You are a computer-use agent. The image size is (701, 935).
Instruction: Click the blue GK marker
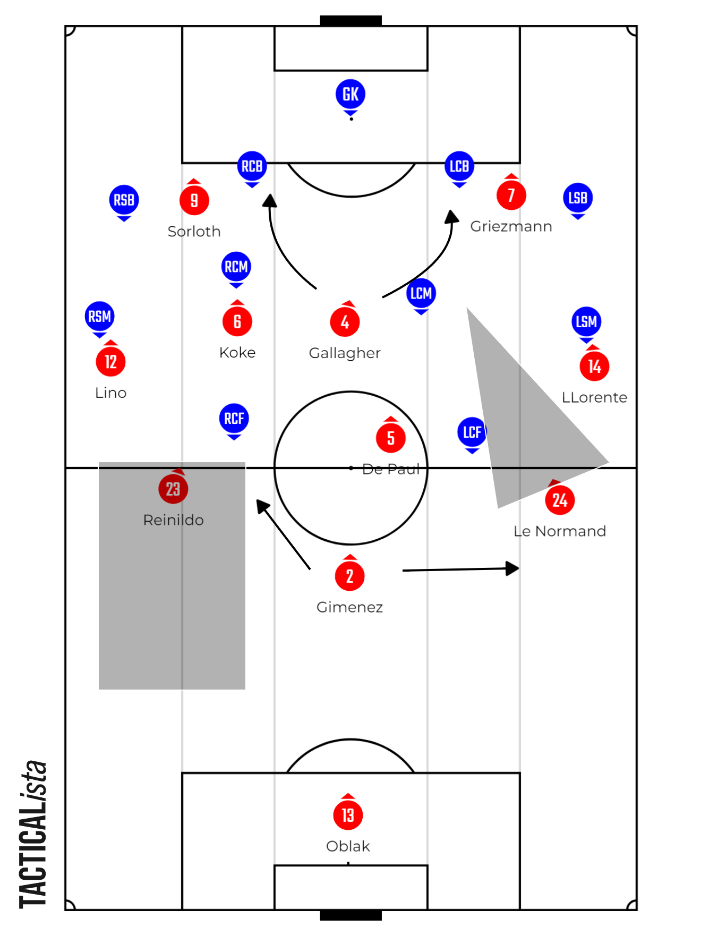tap(350, 95)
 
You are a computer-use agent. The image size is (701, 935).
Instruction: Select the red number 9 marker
tap(194, 200)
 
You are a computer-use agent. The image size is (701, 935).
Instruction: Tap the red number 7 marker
tap(511, 195)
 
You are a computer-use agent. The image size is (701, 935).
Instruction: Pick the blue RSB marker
tap(124, 200)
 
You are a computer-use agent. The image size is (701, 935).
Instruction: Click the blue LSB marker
tap(578, 198)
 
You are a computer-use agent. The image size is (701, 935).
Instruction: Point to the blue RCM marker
tap(236, 266)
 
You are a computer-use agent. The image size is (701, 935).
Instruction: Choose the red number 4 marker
tap(345, 322)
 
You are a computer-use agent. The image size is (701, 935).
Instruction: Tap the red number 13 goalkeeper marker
tap(348, 815)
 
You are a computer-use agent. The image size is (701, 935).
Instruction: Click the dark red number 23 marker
tap(173, 489)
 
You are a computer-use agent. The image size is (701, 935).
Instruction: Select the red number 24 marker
tap(560, 500)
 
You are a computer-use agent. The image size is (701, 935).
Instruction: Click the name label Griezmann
tap(511, 226)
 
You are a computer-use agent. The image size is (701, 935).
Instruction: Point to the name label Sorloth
tap(194, 232)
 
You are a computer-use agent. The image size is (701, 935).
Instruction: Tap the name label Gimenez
tap(349, 607)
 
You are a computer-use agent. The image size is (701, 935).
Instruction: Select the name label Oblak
tap(348, 846)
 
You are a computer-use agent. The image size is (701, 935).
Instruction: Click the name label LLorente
tap(594, 397)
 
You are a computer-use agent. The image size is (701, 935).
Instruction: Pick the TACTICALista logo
tap(33, 834)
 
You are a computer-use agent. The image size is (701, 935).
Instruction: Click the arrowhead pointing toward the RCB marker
tap(270, 200)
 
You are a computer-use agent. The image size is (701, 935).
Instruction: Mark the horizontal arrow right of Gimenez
tap(460, 569)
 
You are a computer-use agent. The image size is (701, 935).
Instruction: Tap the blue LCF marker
tap(472, 432)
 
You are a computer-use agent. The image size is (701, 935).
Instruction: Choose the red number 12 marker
tap(110, 362)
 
